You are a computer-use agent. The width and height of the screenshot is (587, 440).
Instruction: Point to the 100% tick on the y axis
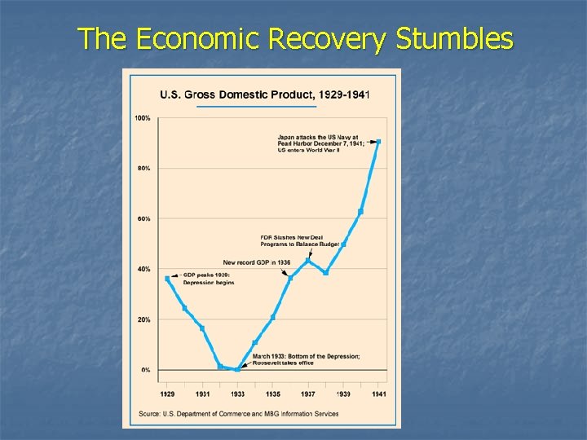point(142,118)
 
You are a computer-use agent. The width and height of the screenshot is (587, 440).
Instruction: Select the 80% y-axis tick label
point(143,169)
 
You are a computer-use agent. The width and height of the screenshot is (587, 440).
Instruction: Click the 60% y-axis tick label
point(143,219)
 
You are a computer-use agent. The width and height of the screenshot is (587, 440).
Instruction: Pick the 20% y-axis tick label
point(143,320)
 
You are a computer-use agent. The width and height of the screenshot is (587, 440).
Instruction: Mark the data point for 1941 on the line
point(378,142)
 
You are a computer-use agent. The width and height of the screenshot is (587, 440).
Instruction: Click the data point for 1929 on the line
point(167,279)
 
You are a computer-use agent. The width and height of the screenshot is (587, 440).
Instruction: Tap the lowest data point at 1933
point(237,369)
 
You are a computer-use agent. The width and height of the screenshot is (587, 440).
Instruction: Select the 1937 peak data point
point(308,261)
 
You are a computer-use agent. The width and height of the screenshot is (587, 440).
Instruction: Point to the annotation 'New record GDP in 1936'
point(256,262)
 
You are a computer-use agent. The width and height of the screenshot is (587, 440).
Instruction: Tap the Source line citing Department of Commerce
point(237,414)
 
